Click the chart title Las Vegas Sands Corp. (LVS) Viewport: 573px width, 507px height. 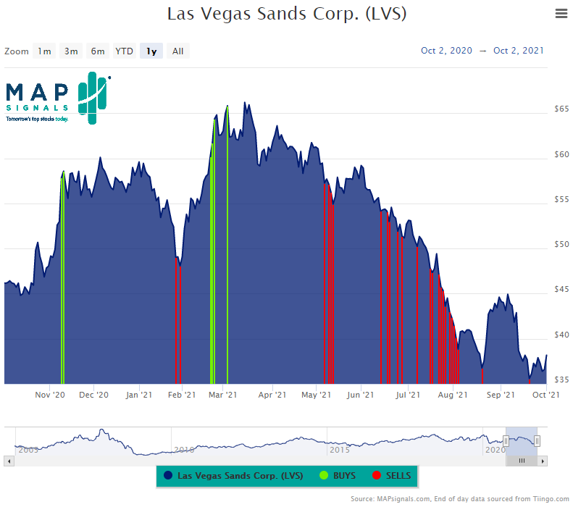[x=286, y=14]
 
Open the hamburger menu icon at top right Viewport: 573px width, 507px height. [x=561, y=13]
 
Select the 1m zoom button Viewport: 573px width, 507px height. [x=45, y=51]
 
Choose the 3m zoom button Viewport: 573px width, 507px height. [x=71, y=51]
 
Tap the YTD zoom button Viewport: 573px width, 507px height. [x=125, y=51]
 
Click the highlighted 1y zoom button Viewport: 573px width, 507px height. [x=151, y=51]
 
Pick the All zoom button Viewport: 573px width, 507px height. [x=177, y=51]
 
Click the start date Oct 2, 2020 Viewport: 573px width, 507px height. [x=446, y=51]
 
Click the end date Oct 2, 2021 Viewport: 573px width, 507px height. [x=519, y=51]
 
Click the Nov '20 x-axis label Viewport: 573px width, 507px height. [x=50, y=395]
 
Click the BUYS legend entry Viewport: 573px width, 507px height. [x=335, y=476]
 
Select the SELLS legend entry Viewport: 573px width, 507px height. [x=392, y=476]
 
